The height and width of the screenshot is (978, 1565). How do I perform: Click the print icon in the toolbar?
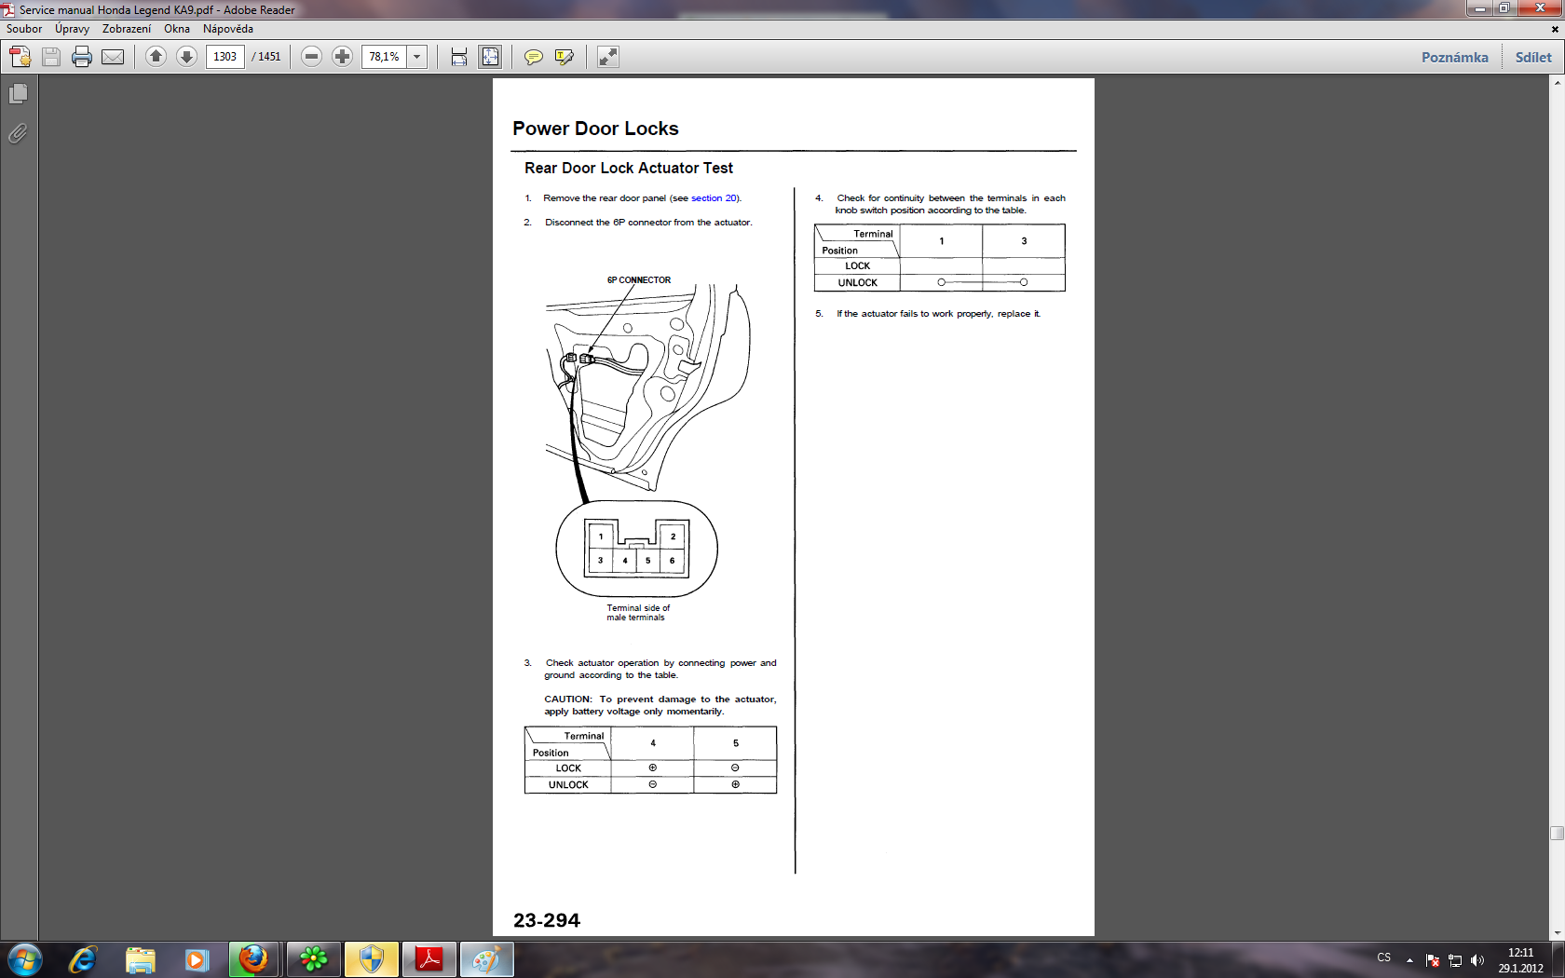[x=82, y=57]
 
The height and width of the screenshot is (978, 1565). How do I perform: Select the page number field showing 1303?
[x=225, y=57]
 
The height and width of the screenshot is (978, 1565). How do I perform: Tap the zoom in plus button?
[x=342, y=57]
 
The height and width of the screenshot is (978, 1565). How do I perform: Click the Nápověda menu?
[x=227, y=29]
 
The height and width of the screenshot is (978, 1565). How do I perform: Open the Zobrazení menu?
[x=127, y=29]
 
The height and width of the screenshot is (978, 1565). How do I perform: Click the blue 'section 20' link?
[x=714, y=198]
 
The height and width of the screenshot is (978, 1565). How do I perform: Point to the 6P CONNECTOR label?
[x=639, y=280]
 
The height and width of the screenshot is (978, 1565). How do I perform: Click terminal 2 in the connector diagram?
[x=673, y=537]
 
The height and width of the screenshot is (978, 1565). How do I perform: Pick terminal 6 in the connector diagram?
[x=673, y=561]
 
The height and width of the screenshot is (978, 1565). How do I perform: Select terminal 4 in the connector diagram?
[x=624, y=561]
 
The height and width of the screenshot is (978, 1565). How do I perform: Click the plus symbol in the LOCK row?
[x=652, y=767]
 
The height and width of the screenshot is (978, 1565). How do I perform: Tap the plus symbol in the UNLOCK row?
[x=735, y=784]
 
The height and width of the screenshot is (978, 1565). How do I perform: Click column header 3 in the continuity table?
[x=1024, y=241]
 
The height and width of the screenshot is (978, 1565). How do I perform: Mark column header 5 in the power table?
[x=735, y=743]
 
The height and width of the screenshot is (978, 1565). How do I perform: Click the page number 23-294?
[x=546, y=920]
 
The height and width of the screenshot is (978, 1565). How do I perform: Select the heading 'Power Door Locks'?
[x=595, y=129]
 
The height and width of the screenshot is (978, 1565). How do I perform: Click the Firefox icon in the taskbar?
[x=253, y=959]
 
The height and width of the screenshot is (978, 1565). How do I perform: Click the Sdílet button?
[x=1533, y=58]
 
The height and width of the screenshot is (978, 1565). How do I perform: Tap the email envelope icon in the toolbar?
[x=113, y=57]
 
